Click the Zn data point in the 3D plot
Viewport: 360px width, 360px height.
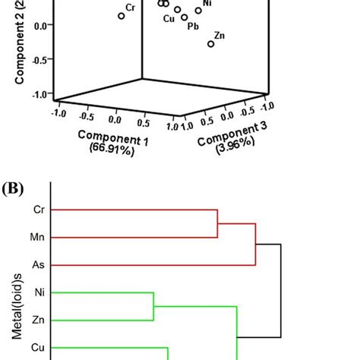tap(211, 44)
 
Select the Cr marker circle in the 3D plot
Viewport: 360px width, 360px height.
tap(121, 16)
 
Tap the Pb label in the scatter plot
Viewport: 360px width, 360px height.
tap(193, 26)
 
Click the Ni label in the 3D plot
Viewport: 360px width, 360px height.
tap(207, 4)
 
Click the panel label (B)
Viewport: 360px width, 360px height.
tap(13, 186)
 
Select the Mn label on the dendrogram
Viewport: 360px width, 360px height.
tap(37, 237)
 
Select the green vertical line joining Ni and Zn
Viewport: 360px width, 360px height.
tap(154, 306)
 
